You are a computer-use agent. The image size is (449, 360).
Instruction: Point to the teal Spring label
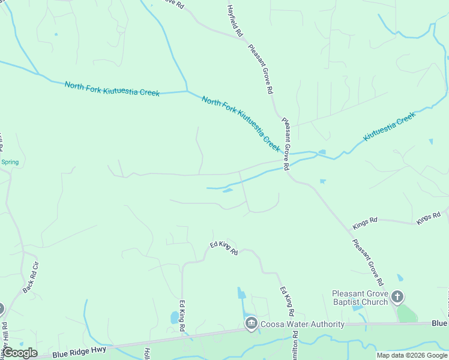pyautogui.click(x=10, y=162)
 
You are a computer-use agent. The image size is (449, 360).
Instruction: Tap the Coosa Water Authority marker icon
pyautogui.click(x=250, y=324)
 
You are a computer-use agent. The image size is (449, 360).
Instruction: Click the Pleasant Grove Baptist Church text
pyautogui.click(x=360, y=298)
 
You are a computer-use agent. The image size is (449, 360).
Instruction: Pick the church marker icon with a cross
pyautogui.click(x=397, y=297)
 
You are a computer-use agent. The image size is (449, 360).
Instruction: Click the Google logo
pyautogui.click(x=20, y=353)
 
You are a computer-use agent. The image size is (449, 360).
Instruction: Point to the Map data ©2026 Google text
pyautogui.click(x=412, y=355)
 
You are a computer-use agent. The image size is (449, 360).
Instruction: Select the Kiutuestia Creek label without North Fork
pyautogui.click(x=389, y=127)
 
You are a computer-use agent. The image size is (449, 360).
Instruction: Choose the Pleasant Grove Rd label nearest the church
pyautogui.click(x=368, y=262)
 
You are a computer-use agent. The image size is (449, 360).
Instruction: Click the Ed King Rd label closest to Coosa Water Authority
pyautogui.click(x=287, y=301)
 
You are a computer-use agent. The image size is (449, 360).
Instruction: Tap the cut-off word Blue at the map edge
pyautogui.click(x=439, y=323)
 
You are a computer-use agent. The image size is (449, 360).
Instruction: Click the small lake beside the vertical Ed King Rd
pyautogui.click(x=174, y=317)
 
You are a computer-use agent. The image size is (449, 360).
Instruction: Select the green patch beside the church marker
pyautogui.click(x=407, y=313)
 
